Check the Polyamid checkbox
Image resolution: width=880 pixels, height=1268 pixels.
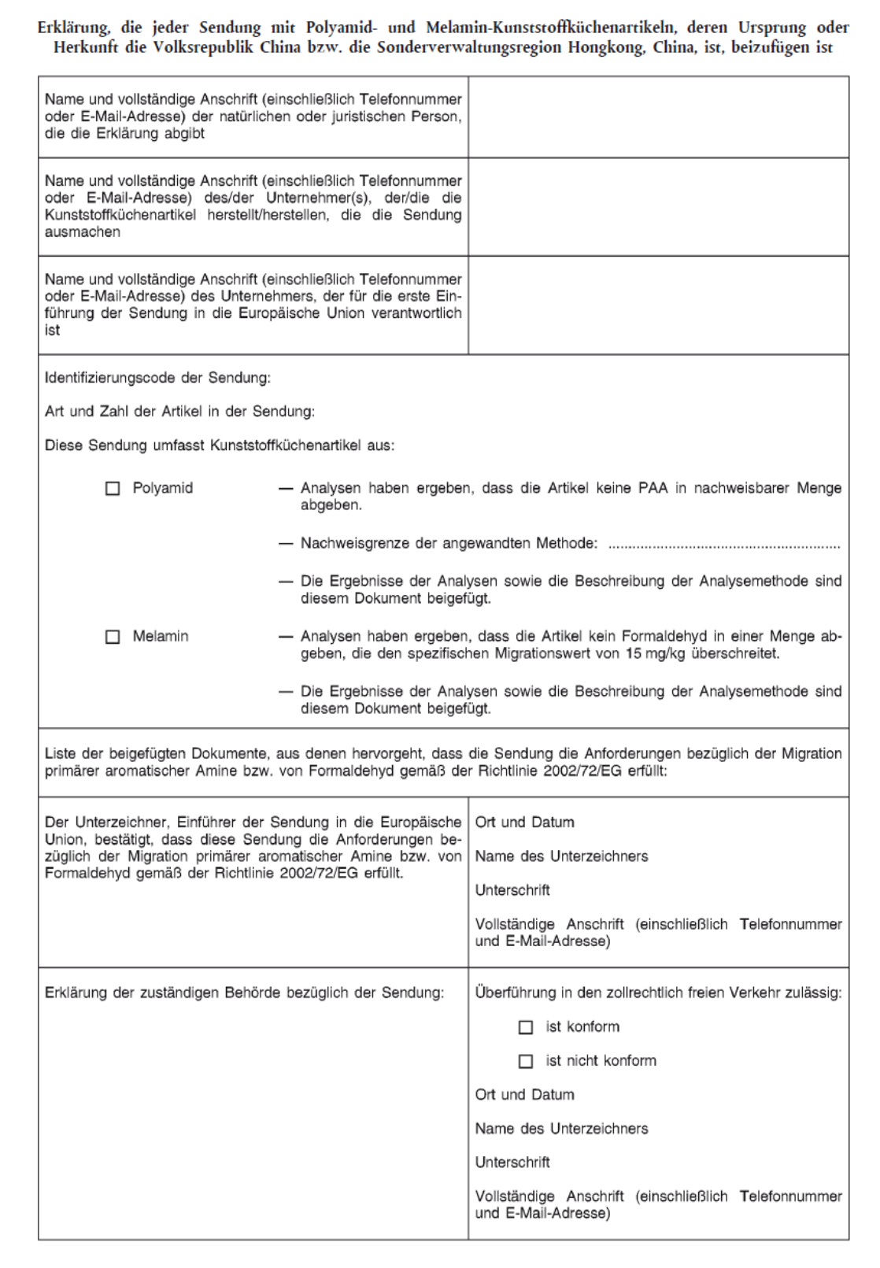click(x=113, y=489)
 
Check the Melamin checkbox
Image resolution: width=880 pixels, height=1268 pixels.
click(x=113, y=637)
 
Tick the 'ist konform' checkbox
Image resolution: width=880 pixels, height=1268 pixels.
click(x=526, y=1027)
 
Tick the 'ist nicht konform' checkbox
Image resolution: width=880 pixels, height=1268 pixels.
click(x=526, y=1061)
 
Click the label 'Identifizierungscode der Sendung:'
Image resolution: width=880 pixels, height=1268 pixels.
click(x=157, y=378)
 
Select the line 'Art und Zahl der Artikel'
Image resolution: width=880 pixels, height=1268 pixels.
click(x=179, y=412)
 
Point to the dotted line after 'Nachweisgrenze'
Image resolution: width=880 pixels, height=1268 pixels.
click(x=724, y=544)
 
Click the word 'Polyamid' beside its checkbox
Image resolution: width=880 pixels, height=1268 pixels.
click(x=162, y=488)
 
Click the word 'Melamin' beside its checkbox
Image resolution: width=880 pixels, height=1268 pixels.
click(x=161, y=636)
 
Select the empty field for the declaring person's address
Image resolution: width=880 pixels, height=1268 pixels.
click(x=658, y=116)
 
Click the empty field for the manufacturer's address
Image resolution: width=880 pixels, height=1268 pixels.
click(x=658, y=206)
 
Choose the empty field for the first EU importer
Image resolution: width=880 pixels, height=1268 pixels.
click(x=658, y=305)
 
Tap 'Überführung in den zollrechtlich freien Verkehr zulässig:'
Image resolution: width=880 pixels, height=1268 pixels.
click(x=658, y=993)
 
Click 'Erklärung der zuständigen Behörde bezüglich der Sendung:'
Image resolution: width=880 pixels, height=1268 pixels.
click(x=244, y=993)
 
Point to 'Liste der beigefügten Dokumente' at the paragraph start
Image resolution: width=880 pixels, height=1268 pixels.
click(x=142, y=754)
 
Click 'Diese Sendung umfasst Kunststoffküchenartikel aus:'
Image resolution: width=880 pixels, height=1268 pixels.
click(x=220, y=445)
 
